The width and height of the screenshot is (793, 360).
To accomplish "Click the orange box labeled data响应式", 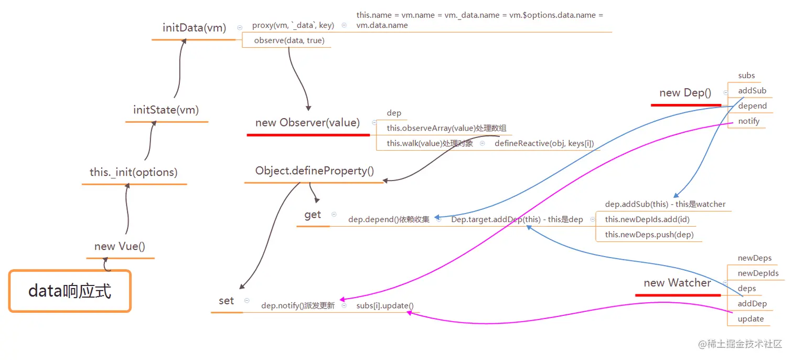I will click(70, 291).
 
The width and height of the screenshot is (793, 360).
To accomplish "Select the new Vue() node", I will click(120, 246).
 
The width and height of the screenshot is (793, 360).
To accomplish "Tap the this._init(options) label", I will click(134, 172).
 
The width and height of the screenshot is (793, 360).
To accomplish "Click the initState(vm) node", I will click(166, 110).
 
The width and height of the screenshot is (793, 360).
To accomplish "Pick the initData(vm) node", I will click(194, 28).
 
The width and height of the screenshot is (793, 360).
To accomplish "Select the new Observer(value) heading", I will click(307, 123).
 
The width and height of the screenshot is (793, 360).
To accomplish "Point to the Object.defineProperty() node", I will click(315, 171).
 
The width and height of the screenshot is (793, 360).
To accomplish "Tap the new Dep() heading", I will click(685, 93).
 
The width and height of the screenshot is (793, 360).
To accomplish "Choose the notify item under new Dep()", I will click(748, 121).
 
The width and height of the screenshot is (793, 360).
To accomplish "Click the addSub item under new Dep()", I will click(752, 91).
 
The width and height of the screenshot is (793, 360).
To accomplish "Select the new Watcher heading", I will click(677, 283).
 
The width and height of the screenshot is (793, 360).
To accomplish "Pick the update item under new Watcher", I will click(751, 319).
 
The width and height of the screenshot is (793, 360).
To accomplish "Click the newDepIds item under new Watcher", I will click(758, 273).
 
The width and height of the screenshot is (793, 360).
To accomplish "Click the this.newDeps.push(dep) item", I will click(649, 235).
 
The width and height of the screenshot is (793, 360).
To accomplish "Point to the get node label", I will click(313, 215).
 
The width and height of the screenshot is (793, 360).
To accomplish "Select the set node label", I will click(226, 301).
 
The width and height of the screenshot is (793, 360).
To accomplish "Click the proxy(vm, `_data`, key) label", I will click(293, 25).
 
